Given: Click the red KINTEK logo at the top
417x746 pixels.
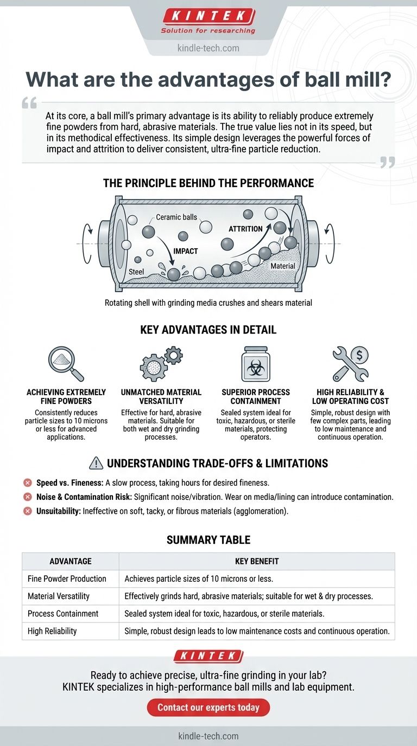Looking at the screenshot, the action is click(209, 16).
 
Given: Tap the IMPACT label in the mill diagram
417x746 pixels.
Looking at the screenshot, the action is click(186, 251).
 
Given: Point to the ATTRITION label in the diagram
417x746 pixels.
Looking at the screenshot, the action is click(245, 229).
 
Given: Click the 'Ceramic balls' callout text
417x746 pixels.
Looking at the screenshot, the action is click(176, 217).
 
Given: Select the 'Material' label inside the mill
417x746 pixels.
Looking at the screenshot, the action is click(283, 266).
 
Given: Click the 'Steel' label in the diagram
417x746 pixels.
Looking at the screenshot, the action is click(136, 272).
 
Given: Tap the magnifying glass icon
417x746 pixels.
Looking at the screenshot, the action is click(66, 364).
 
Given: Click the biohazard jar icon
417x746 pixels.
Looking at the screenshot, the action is click(256, 364).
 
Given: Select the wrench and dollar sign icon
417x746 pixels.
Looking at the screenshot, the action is click(351, 364).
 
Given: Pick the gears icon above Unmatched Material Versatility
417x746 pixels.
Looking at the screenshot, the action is click(161, 364).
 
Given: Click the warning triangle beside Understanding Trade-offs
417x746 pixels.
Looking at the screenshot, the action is click(96, 463).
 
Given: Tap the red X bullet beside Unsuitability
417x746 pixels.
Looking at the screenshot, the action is click(27, 511).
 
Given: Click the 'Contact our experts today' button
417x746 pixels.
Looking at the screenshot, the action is click(208, 707).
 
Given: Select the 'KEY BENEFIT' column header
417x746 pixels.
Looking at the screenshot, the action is click(257, 561).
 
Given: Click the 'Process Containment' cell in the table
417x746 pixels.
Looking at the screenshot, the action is click(63, 614).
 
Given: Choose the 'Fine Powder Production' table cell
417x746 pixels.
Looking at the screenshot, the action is click(67, 578).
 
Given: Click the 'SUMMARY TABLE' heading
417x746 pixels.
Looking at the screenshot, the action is click(208, 540).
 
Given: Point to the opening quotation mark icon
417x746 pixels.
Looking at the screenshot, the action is click(29, 103).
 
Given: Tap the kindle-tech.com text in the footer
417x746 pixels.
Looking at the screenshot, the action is click(208, 736).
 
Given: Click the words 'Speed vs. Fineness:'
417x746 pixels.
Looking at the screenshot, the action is click(69, 483).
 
